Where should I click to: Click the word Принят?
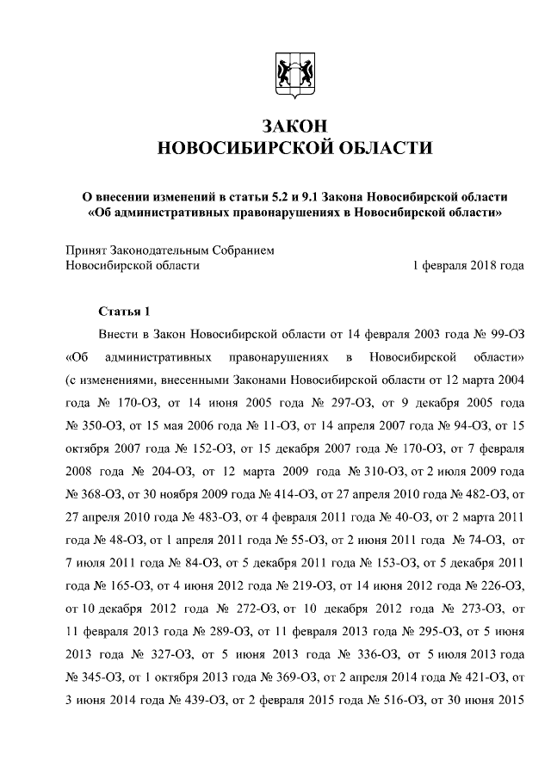[x=87, y=250]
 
